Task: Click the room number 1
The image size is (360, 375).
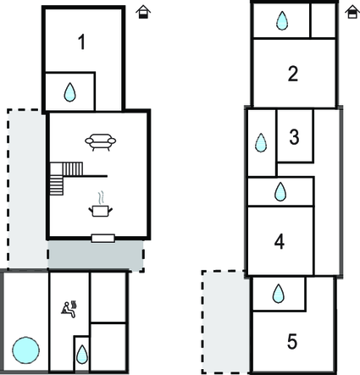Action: point(81,41)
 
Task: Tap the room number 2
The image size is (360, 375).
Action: point(293,74)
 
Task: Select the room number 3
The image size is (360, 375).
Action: point(294,137)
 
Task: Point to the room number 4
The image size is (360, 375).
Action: point(280,241)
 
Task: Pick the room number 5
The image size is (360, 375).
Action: point(292,341)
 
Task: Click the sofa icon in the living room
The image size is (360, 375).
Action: point(101,142)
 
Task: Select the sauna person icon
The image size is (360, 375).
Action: point(69,310)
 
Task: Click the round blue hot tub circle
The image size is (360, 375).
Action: point(25,350)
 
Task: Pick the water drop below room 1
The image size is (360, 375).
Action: point(69,92)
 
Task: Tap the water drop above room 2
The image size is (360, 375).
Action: point(282,20)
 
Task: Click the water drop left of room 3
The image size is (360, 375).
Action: point(261,143)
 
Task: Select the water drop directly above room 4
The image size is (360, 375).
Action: point(280,192)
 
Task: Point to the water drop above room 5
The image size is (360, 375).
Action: point(278,294)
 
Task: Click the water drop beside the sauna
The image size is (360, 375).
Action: point(82,355)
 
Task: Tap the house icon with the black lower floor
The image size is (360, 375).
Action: point(143,12)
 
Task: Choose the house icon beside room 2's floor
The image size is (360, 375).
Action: point(352,12)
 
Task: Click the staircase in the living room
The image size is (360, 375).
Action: point(67,179)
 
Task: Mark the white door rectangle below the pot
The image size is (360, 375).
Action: point(103,238)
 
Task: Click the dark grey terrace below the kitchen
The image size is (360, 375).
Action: point(95,255)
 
